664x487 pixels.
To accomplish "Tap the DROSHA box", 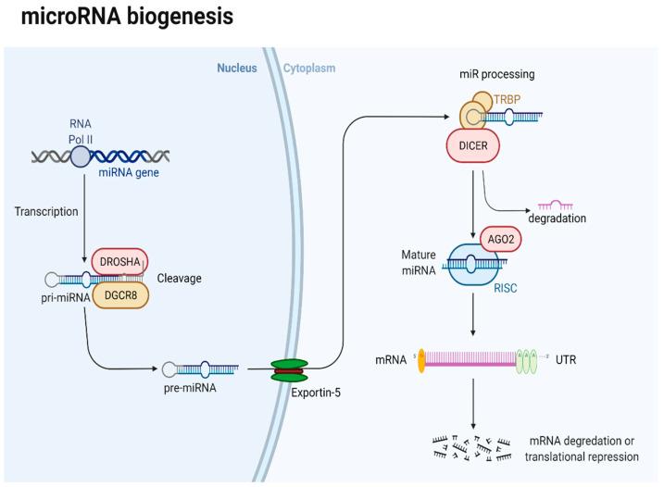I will (x=120, y=262).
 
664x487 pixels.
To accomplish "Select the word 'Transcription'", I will (x=44, y=210).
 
